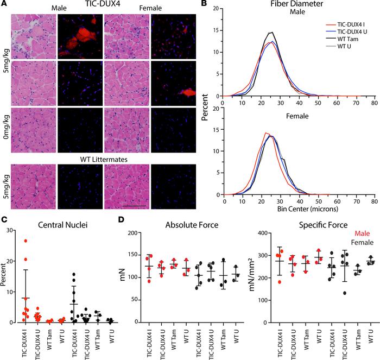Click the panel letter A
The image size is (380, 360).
4,4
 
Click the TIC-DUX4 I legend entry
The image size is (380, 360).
339,25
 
